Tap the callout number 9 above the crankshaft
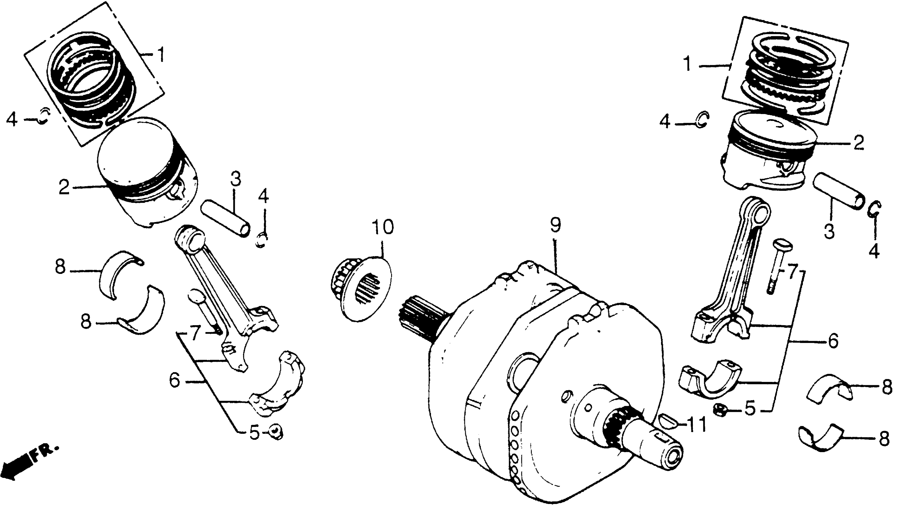(555, 225)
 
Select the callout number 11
(693, 425)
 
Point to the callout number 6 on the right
(833, 340)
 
